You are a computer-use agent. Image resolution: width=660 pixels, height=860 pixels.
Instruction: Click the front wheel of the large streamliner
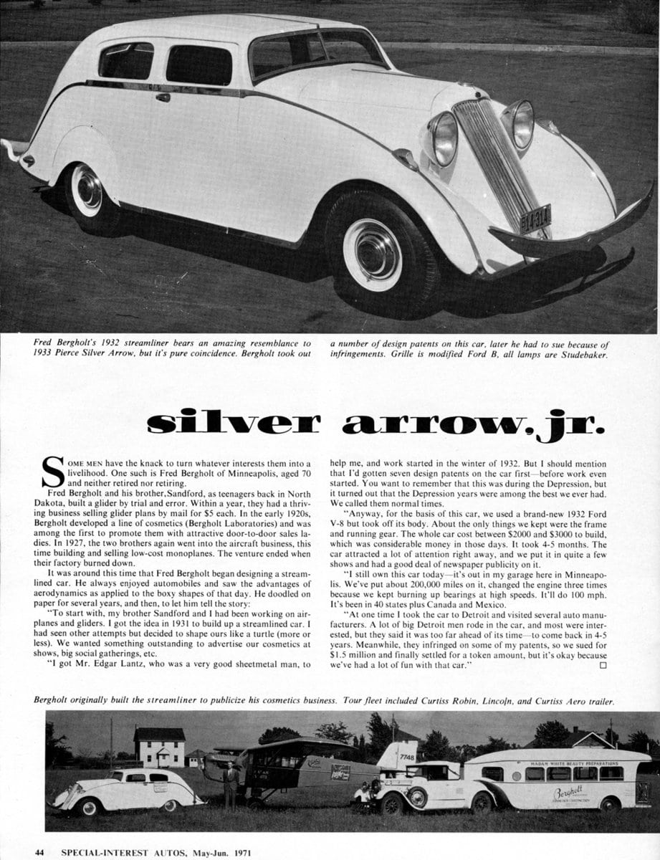point(372,254)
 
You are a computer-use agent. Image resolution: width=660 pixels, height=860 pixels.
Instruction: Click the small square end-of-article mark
point(602,665)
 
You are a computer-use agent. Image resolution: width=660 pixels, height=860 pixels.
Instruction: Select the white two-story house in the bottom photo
point(158,747)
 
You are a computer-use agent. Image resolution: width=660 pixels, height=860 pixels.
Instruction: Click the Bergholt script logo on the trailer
point(570,794)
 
